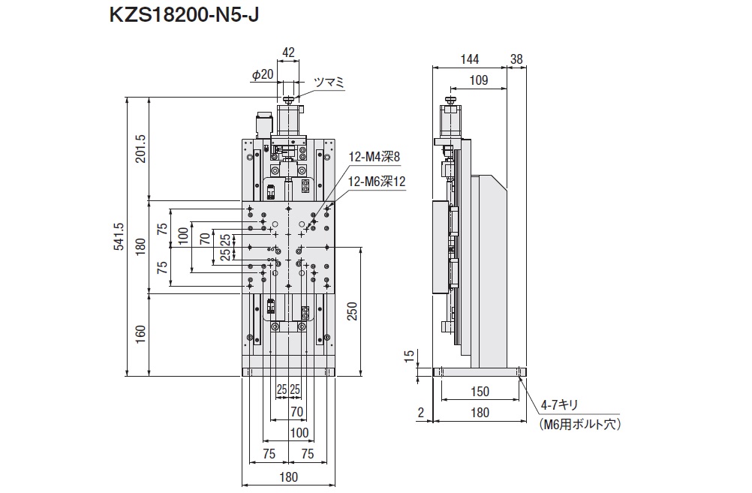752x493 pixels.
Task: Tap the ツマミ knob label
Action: (x=328, y=83)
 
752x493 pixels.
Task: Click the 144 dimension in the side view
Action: (x=469, y=59)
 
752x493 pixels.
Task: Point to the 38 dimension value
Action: (x=516, y=59)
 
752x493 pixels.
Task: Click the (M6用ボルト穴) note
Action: (x=581, y=423)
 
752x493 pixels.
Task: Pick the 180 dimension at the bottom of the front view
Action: (x=289, y=476)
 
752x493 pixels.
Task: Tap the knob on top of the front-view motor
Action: (x=289, y=98)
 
